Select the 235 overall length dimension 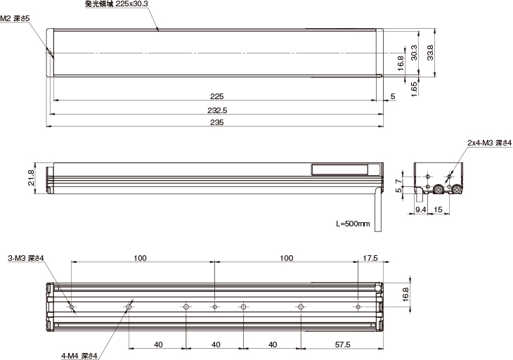click(x=216, y=122)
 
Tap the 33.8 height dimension click(x=430, y=53)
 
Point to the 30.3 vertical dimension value click(x=415, y=53)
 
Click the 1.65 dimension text click(x=415, y=87)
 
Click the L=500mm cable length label click(x=353, y=224)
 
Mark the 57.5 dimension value click(x=342, y=345)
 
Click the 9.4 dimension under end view click(x=420, y=209)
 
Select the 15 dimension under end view click(x=437, y=209)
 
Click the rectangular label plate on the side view click(x=339, y=169)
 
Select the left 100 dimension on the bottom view click(x=140, y=258)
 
